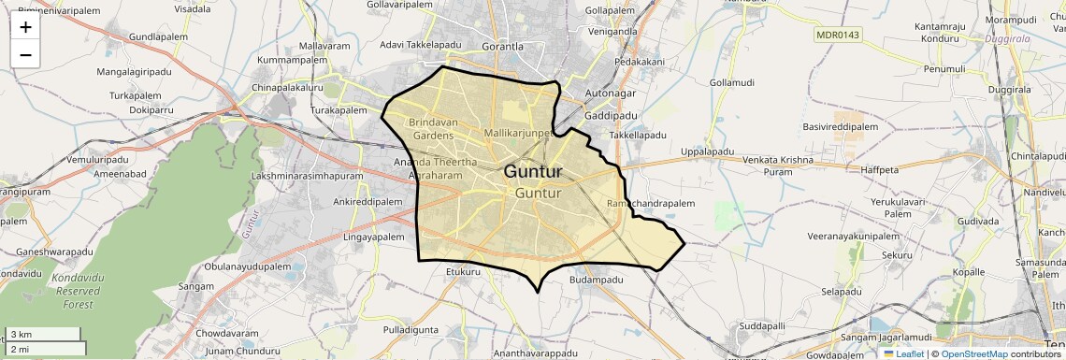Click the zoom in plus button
tap(25, 26)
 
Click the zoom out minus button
tap(25, 54)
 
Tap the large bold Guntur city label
tap(533, 172)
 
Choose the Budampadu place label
tap(596, 280)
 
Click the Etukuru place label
tap(463, 272)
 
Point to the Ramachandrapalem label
tap(651, 203)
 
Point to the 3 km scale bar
tap(42, 335)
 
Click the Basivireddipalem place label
tap(840, 126)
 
